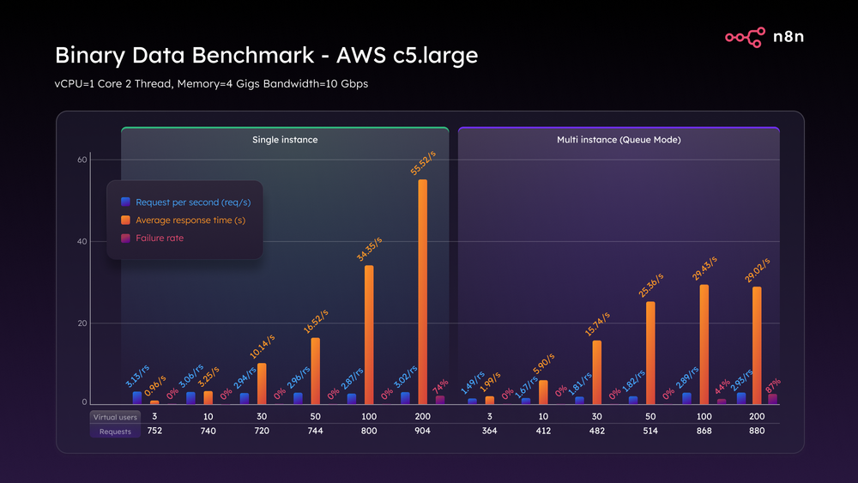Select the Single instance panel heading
click(x=285, y=139)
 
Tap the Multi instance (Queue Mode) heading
click(x=619, y=139)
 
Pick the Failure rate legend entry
click(x=160, y=238)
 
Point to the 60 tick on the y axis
click(x=82, y=160)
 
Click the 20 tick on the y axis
click(x=82, y=323)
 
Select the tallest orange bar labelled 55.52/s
click(x=422, y=292)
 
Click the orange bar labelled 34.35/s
click(x=369, y=335)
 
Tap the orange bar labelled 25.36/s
click(x=650, y=353)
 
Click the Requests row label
click(x=115, y=432)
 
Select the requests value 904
click(x=422, y=432)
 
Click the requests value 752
click(x=154, y=432)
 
